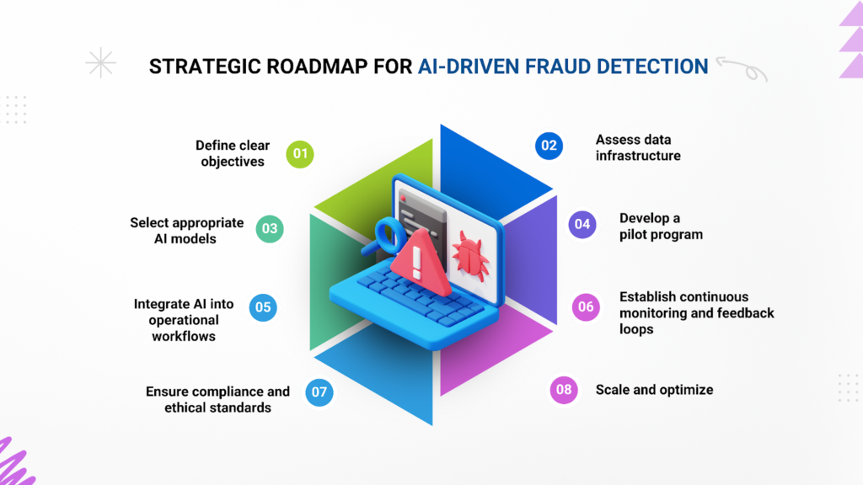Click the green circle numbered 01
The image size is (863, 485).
tap(300, 153)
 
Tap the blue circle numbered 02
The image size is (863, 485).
tap(549, 146)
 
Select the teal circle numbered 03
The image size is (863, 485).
tap(270, 229)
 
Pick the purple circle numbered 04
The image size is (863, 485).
tap(582, 224)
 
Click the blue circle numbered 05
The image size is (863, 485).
tap(263, 307)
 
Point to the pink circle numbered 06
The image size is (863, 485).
tap(586, 306)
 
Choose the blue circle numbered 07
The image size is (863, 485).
tap(319, 392)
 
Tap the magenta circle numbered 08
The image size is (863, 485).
tap(564, 390)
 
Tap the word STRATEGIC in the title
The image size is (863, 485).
tap(205, 67)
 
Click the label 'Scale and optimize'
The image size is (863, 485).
tap(654, 390)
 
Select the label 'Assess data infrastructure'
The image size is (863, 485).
tap(638, 148)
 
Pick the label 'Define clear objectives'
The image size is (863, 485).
tap(233, 153)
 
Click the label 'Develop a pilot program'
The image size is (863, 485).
tap(661, 226)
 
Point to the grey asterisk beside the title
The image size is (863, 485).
tap(101, 62)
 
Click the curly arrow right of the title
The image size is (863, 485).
tap(742, 69)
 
